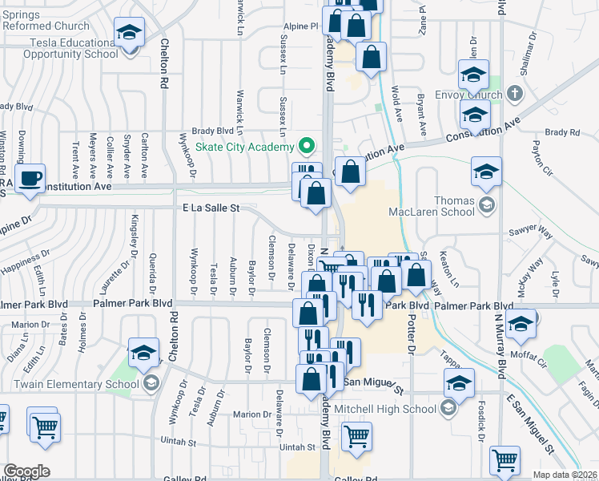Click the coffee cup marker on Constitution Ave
tap(30, 180)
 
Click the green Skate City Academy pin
tap(304, 147)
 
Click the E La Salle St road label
tap(209, 208)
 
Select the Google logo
tap(26, 471)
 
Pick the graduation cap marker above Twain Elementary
tap(143, 353)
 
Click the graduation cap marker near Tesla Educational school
tap(129, 33)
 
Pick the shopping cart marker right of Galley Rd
tap(505, 461)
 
